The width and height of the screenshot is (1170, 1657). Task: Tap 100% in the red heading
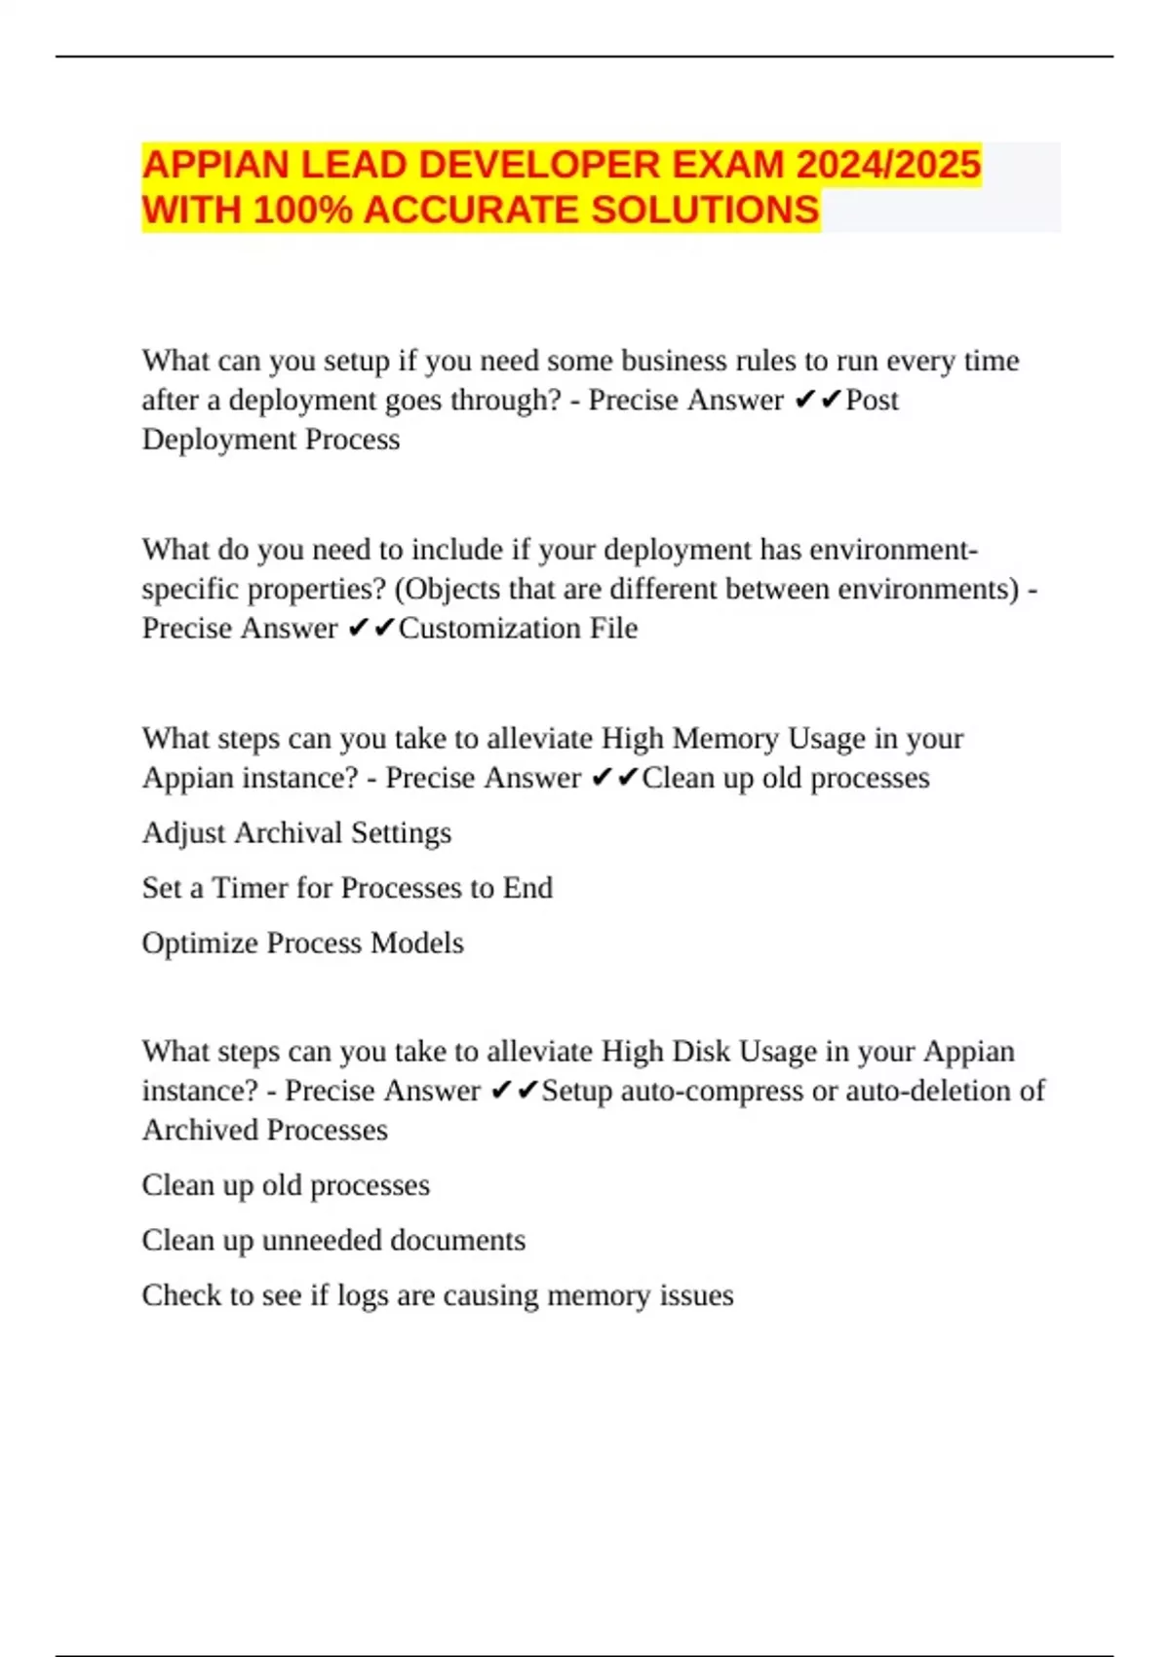coord(302,211)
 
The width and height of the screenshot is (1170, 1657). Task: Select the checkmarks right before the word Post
coord(818,400)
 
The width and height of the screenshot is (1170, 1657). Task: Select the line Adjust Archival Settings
coord(296,833)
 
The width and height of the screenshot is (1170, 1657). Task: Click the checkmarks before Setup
coord(514,1091)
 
